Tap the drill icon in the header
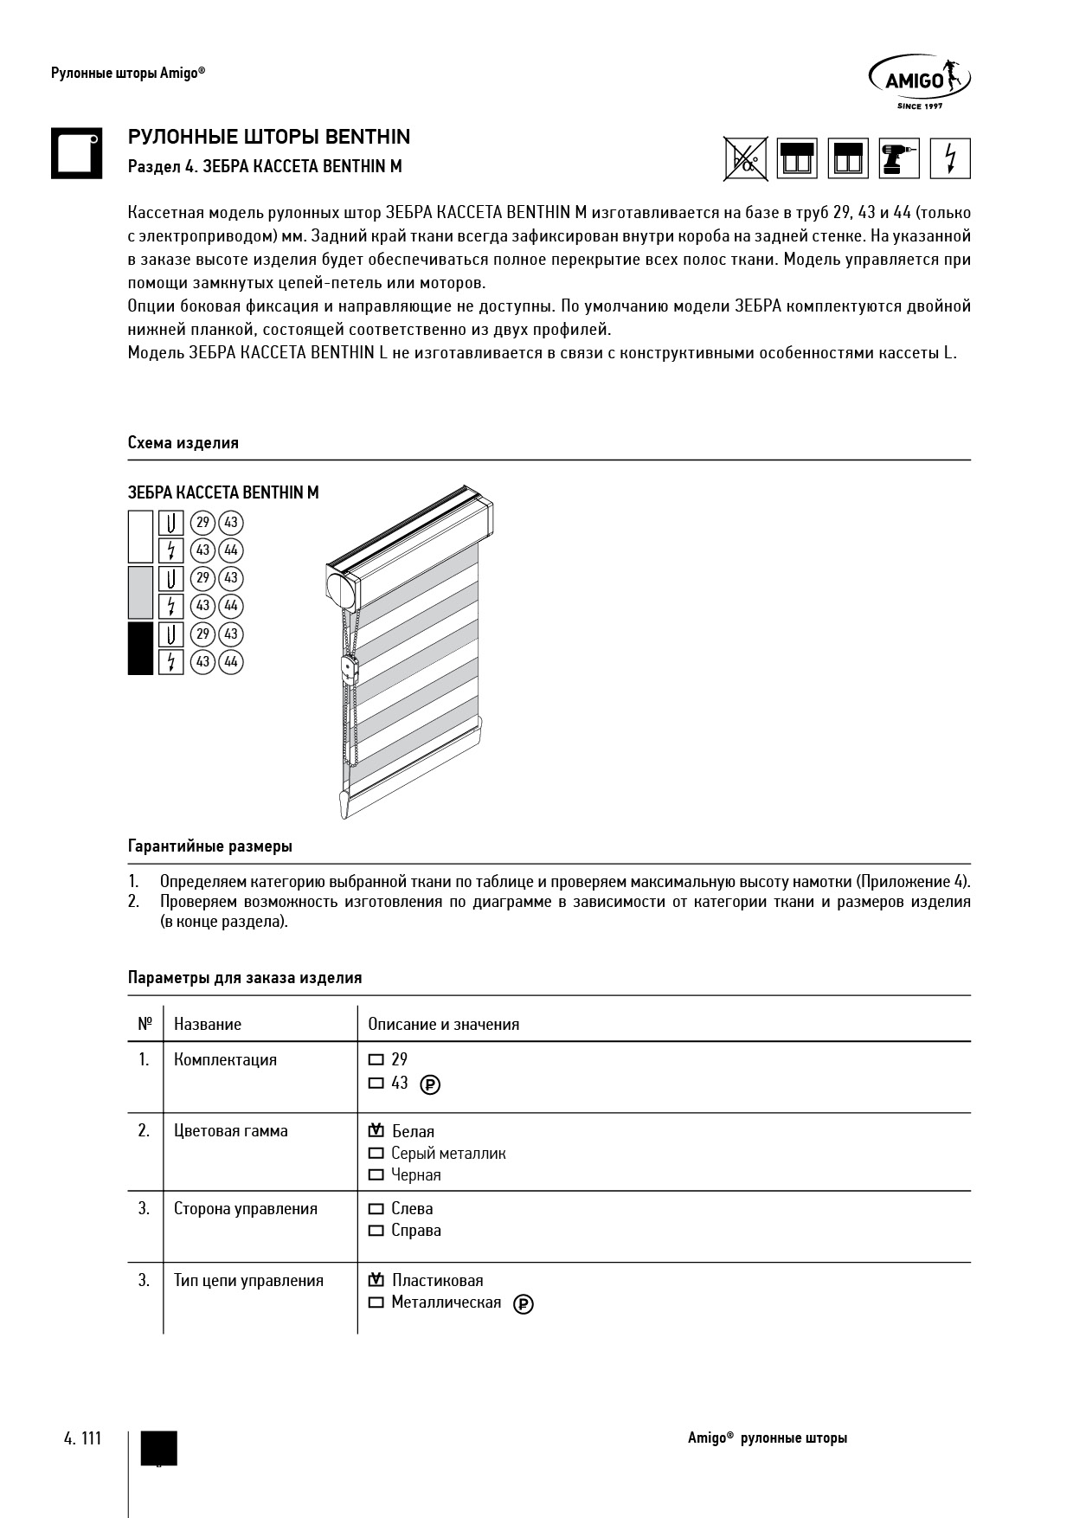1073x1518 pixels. click(899, 158)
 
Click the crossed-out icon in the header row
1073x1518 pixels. click(746, 158)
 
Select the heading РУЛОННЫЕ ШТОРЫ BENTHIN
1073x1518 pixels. click(269, 137)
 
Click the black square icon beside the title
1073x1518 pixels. click(76, 153)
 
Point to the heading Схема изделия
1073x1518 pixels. click(183, 443)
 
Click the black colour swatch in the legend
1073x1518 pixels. click(140, 648)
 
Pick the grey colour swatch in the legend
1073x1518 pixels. click(140, 592)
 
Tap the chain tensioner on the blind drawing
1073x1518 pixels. click(350, 669)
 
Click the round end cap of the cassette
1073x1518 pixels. click(341, 589)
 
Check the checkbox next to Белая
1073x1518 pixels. click(376, 1131)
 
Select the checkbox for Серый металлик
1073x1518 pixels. click(376, 1154)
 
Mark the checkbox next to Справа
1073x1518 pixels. click(376, 1231)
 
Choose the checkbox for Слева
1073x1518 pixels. click(376, 1209)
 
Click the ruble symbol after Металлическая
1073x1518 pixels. click(524, 1304)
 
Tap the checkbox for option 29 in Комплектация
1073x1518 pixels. click(376, 1059)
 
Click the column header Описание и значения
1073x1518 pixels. click(444, 1025)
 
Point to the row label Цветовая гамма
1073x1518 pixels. click(231, 1131)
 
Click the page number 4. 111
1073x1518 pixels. click(83, 1438)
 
